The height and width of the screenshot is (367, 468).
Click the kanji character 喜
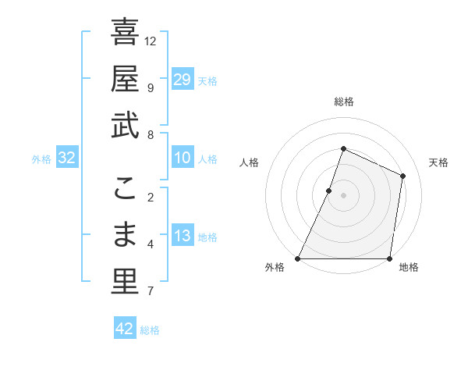[125, 33]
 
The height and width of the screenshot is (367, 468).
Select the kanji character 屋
[125, 79]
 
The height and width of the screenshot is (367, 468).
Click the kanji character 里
[125, 282]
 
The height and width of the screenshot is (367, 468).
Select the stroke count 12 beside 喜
[151, 41]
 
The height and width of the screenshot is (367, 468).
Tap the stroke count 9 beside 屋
[150, 87]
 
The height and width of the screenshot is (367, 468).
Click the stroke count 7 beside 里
[150, 292]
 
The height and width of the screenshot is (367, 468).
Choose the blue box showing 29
[183, 79]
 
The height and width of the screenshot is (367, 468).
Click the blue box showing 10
[183, 158]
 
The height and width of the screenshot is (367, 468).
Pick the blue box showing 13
[183, 236]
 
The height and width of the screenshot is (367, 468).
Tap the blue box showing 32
[67, 158]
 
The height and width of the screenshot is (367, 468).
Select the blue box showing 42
[125, 329]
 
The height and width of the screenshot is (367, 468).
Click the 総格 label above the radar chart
[343, 102]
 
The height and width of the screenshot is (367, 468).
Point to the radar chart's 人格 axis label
[250, 162]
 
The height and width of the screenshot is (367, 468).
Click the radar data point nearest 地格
[389, 258]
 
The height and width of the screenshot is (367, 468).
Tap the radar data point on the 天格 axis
[402, 176]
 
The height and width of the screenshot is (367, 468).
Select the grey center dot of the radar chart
[343, 195]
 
